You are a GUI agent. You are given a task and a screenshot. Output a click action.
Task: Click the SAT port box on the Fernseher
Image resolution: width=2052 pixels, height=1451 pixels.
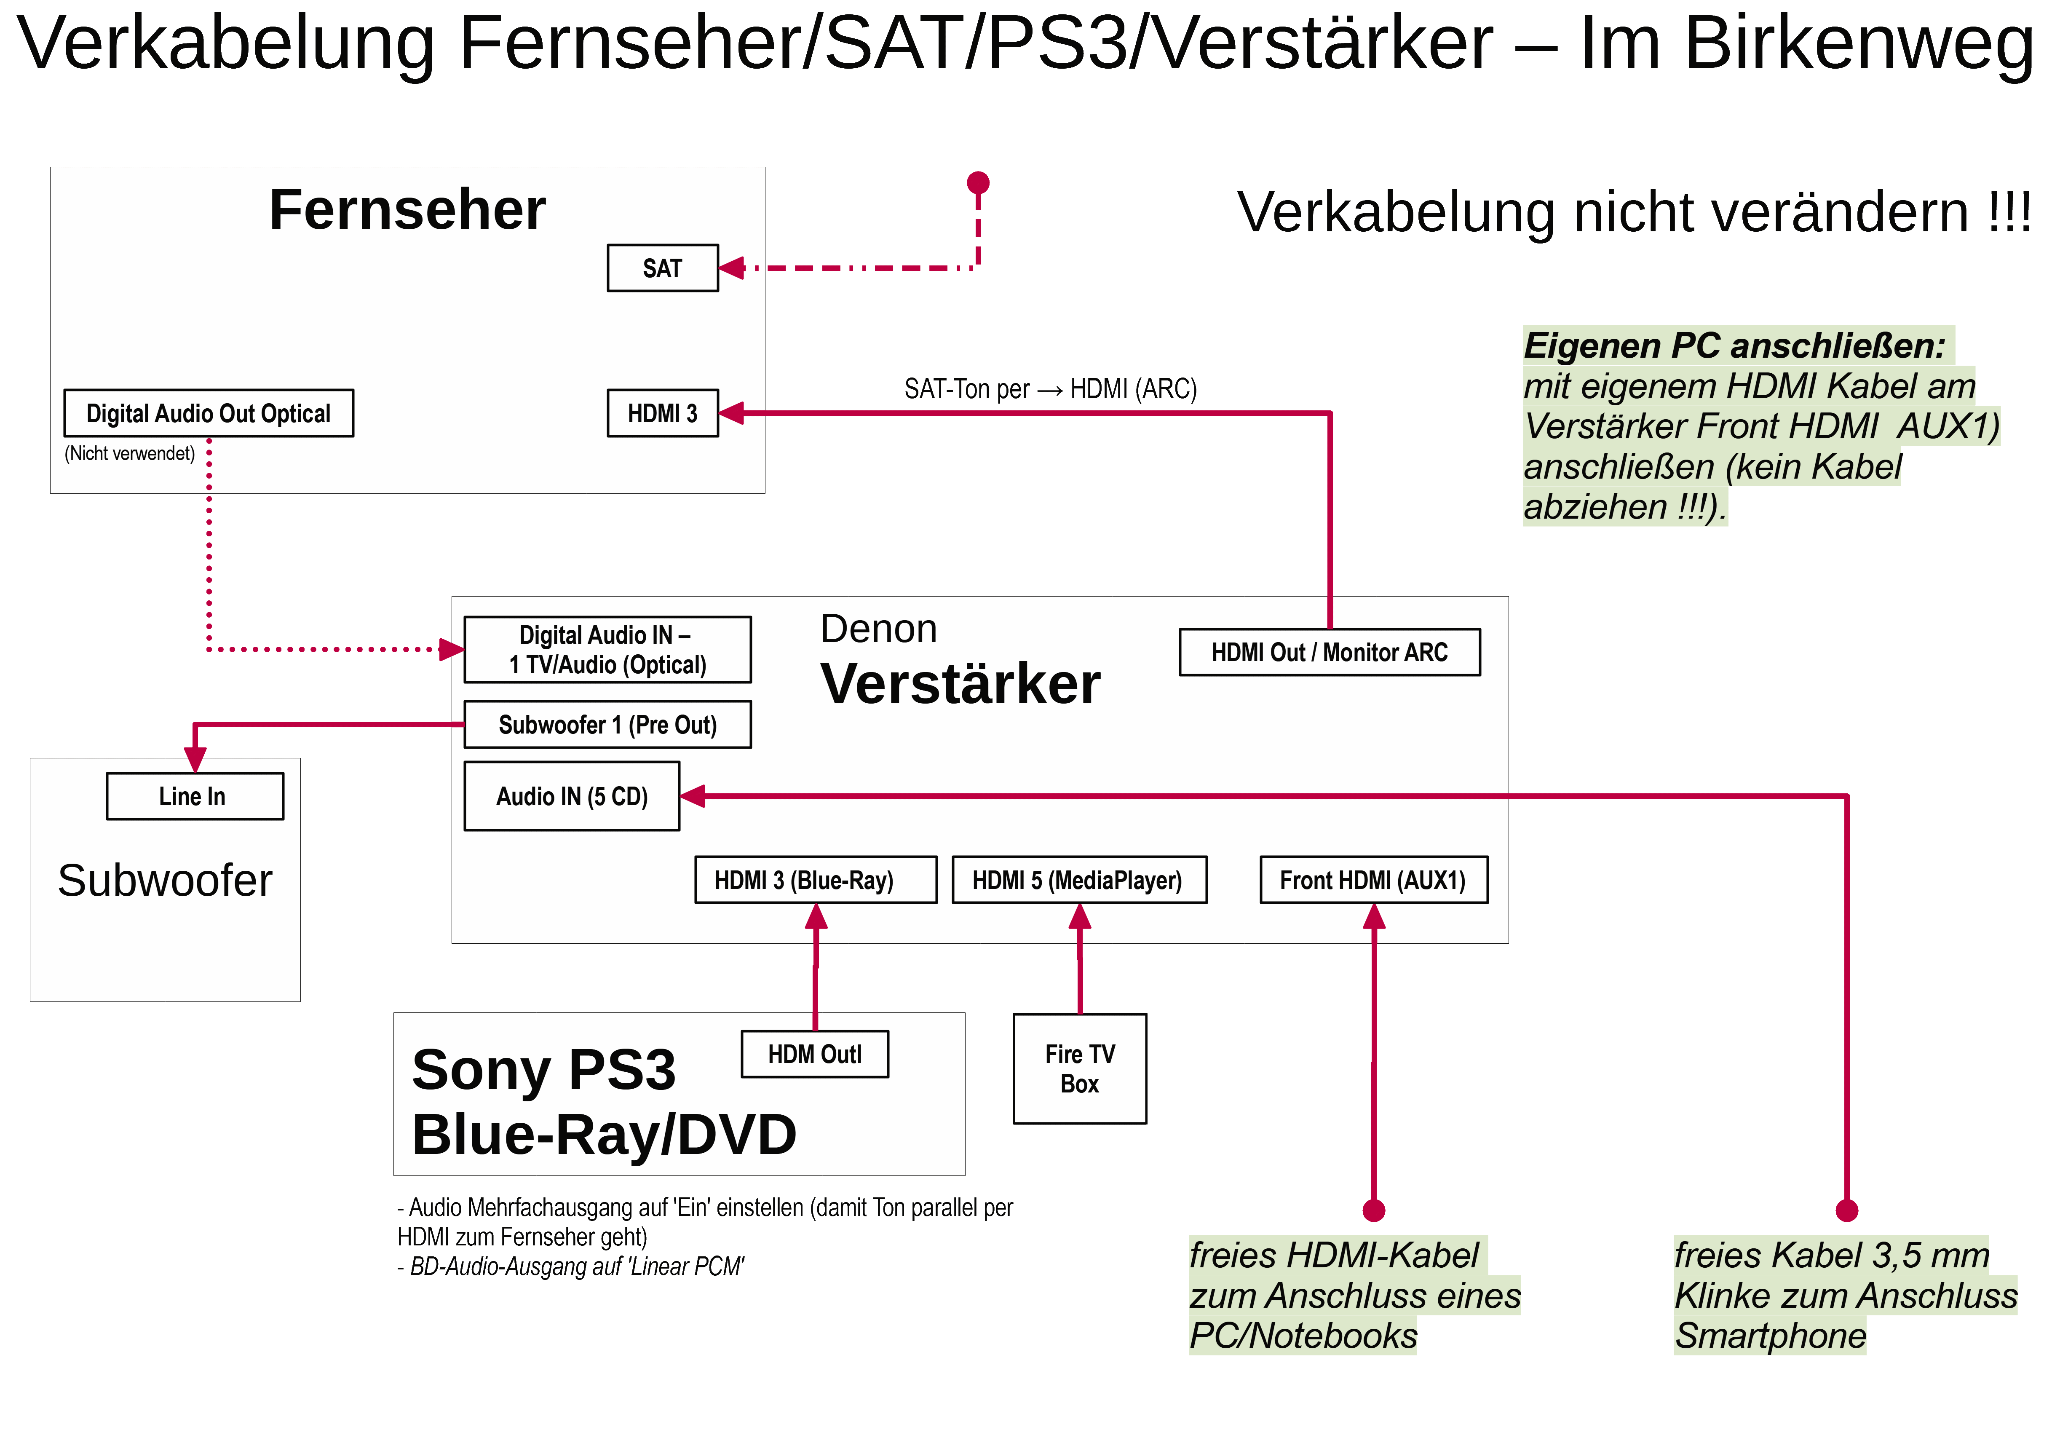[x=662, y=267]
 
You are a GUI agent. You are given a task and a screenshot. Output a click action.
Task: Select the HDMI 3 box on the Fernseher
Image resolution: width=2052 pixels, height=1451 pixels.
[x=662, y=413]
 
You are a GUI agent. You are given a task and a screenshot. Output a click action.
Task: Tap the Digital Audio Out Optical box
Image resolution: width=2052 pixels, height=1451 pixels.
[x=208, y=413]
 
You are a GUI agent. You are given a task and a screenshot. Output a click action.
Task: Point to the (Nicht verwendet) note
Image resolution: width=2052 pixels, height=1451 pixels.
[x=130, y=453]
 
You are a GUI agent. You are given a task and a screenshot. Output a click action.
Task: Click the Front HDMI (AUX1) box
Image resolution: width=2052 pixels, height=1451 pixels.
[x=1374, y=880]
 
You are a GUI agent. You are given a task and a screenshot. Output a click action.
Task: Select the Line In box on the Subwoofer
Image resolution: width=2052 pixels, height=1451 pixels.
[x=195, y=796]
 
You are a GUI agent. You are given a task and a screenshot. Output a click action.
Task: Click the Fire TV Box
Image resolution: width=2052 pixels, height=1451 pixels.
[x=1080, y=1068]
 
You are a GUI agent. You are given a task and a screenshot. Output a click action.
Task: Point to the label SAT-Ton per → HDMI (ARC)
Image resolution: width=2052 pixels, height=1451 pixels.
[x=1050, y=389]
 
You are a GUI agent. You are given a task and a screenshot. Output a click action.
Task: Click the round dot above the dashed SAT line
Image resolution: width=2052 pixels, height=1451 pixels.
[x=979, y=182]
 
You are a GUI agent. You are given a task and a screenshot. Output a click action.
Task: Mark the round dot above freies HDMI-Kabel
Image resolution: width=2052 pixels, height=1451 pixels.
[x=1374, y=1210]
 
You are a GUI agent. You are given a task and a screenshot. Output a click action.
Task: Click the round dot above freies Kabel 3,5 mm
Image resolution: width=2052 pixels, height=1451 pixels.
[x=1846, y=1210]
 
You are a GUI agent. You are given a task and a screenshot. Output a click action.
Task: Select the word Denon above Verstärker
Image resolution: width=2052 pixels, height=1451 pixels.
[x=878, y=629]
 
